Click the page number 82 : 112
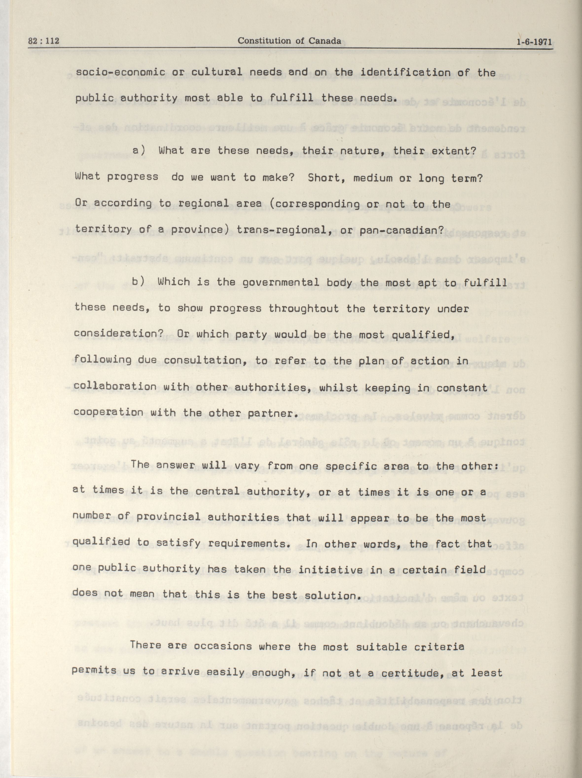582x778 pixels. pyautogui.click(x=44, y=41)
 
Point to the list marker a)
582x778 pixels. pyautogui.click(x=139, y=151)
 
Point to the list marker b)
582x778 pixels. pyautogui.click(x=138, y=282)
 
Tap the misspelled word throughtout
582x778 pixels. pyautogui.click(x=303, y=309)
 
